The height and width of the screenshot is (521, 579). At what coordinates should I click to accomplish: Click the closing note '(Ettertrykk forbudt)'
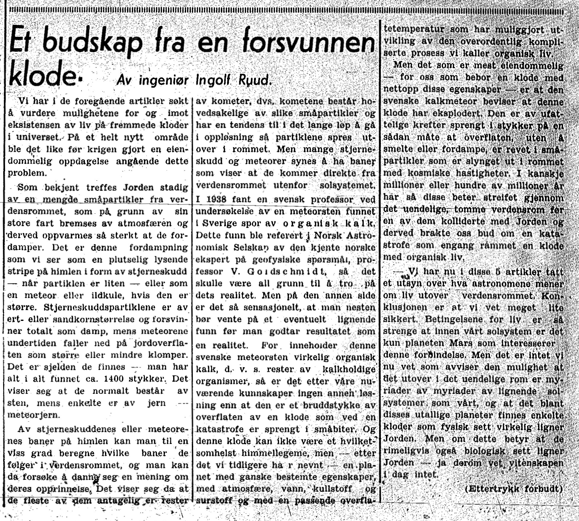[514, 488]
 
